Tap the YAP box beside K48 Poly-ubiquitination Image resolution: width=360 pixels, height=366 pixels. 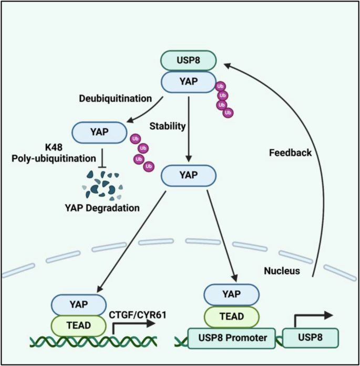click(99, 131)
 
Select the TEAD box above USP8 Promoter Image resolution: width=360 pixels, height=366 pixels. click(231, 318)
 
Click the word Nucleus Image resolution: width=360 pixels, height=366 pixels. click(282, 271)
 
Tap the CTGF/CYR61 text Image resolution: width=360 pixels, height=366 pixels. click(135, 314)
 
